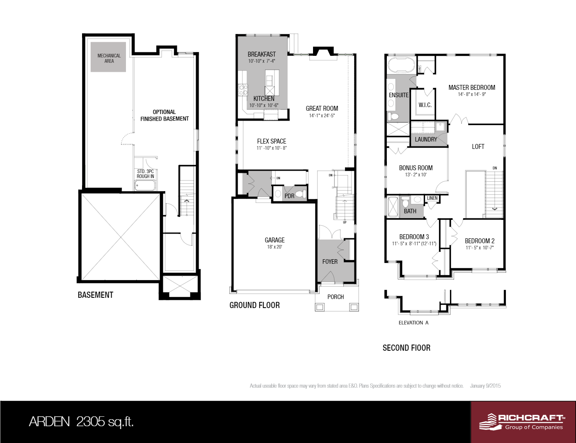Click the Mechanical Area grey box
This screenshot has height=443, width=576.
coord(108,57)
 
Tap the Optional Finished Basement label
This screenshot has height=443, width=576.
coord(165,115)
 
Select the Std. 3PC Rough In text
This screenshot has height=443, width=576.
coord(145,174)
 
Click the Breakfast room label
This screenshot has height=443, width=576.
coord(262,54)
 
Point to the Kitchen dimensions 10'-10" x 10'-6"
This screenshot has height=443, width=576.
coord(264,105)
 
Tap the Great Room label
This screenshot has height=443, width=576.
coord(322,108)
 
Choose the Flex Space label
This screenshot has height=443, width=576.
coord(272,141)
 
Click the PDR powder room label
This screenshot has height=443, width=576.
coord(289,196)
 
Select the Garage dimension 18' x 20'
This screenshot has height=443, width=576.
coord(274,247)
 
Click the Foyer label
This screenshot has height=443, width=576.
coord(330,261)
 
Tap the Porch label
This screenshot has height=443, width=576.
coord(336,297)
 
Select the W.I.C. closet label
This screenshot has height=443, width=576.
coord(425,105)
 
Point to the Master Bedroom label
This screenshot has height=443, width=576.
coord(472,87)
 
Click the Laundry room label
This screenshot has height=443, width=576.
coord(426,139)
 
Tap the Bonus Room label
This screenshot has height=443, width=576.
coord(416,168)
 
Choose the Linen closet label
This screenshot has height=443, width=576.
coord(432,198)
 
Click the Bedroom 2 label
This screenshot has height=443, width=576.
coord(480,241)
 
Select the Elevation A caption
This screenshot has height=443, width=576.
coord(414,323)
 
